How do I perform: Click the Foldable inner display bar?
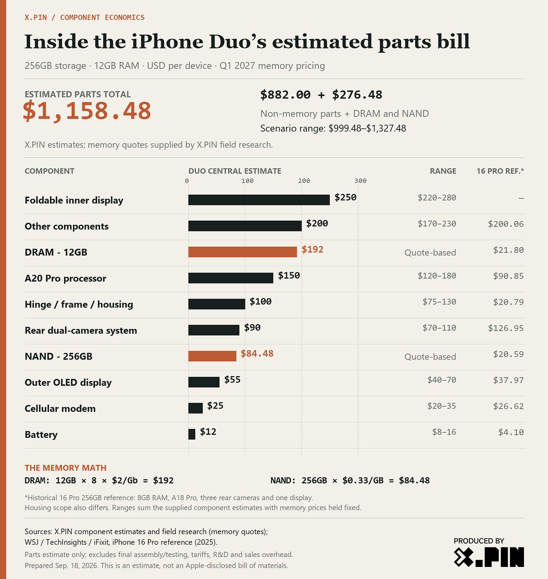coord(259,200)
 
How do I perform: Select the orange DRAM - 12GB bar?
coord(243,252)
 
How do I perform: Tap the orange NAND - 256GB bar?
coord(212,356)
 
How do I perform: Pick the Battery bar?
coord(192,434)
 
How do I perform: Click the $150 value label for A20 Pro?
coord(289,276)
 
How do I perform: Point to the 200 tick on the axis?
coord(304,181)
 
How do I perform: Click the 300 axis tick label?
coord(361,181)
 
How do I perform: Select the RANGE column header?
coord(443,171)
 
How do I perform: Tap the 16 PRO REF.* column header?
coord(500,171)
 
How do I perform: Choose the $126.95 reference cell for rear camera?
coord(506,328)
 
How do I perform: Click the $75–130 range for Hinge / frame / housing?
coord(439,302)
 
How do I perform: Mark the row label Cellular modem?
coord(60,408)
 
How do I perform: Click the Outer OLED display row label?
coord(68,382)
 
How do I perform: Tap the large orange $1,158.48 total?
coord(87,111)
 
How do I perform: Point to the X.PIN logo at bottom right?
coord(489,557)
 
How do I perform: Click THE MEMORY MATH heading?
coord(65,468)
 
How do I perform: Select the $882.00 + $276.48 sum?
coord(321,95)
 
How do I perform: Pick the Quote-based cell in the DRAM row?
coord(430,253)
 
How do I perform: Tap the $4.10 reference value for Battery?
coord(511,432)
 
